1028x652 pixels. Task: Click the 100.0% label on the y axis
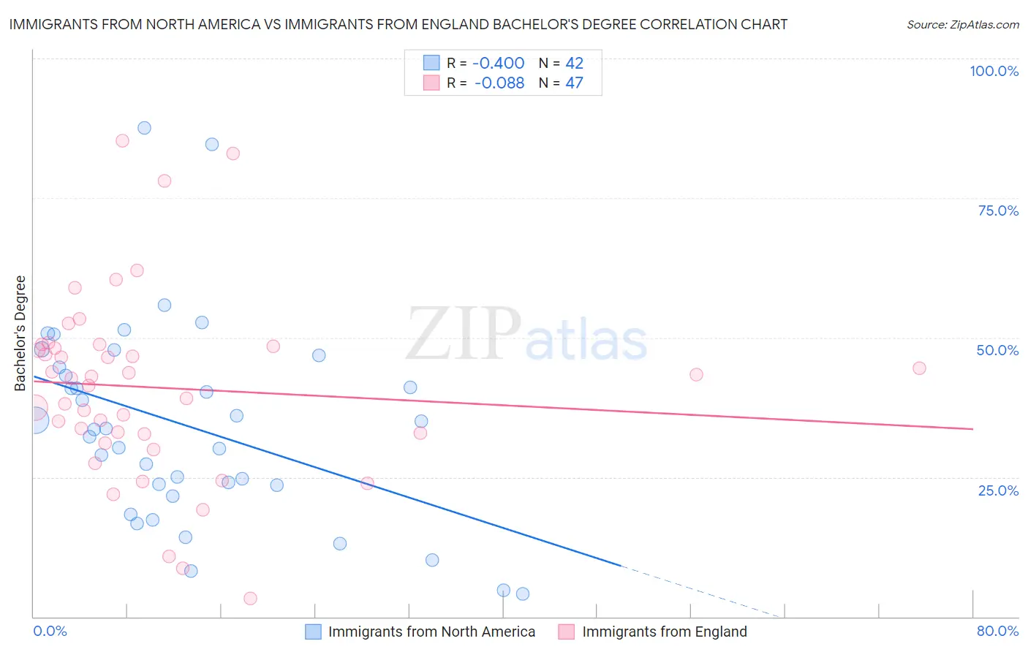pyautogui.click(x=994, y=71)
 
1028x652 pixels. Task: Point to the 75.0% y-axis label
pyautogui.click(x=998, y=211)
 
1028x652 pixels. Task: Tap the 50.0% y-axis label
pyautogui.click(x=997, y=350)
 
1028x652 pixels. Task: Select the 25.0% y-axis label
pyautogui.click(x=998, y=490)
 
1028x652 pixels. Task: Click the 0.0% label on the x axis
pyautogui.click(x=50, y=631)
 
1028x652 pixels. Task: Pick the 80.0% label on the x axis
pyautogui.click(x=997, y=631)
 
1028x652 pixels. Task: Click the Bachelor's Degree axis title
pyautogui.click(x=20, y=333)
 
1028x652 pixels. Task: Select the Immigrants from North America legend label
pyautogui.click(x=431, y=632)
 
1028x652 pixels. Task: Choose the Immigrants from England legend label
pyautogui.click(x=665, y=632)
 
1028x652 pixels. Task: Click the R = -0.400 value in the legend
pyautogui.click(x=485, y=63)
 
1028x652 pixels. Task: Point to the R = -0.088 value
pyautogui.click(x=485, y=83)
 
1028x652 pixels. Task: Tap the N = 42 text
pyautogui.click(x=561, y=63)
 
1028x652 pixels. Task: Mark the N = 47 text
pyautogui.click(x=561, y=83)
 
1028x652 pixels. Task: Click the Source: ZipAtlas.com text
pyautogui.click(x=962, y=25)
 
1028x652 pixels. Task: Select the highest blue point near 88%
pyautogui.click(x=144, y=128)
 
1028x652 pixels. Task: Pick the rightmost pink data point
pyautogui.click(x=919, y=368)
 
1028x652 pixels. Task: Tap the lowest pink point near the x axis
pyautogui.click(x=250, y=599)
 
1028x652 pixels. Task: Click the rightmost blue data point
pyautogui.click(x=523, y=594)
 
